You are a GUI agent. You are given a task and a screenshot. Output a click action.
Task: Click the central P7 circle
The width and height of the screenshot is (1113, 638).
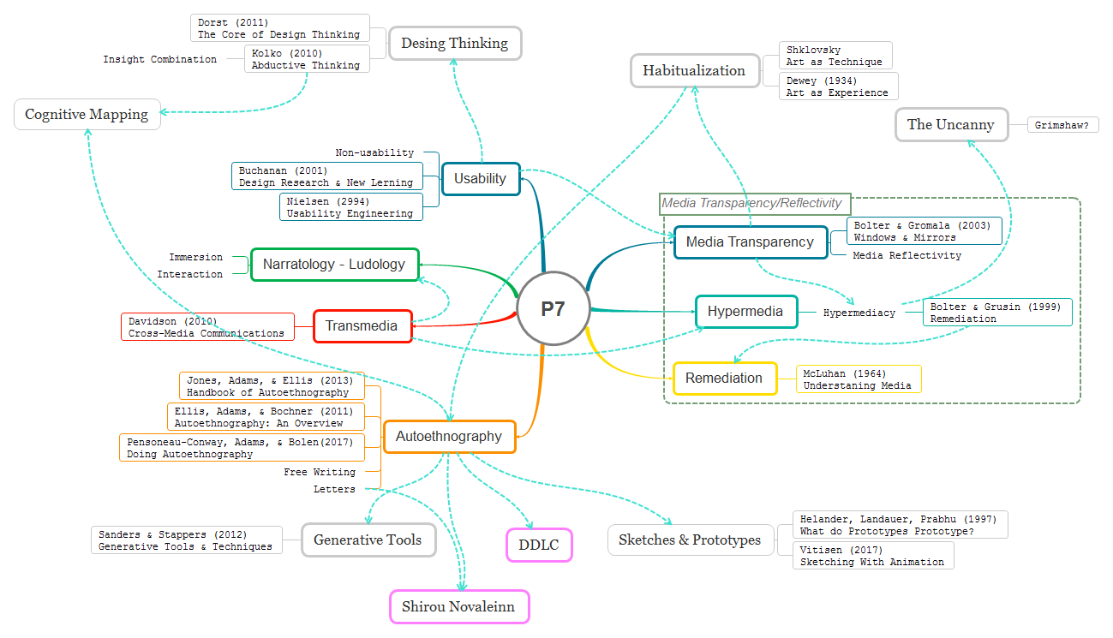(x=554, y=309)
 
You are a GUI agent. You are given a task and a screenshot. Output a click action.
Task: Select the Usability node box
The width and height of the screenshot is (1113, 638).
(x=481, y=179)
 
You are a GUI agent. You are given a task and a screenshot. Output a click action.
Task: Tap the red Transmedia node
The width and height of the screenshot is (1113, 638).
(x=362, y=326)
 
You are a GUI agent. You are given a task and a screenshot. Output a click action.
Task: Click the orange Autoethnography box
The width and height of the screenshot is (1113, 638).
(x=449, y=437)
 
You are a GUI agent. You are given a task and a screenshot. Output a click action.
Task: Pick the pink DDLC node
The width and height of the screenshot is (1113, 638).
(x=539, y=545)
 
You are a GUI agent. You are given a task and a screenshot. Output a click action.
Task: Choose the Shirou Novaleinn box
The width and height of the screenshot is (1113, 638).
(x=460, y=607)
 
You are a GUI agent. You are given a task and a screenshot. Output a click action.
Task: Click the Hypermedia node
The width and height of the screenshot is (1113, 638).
(x=745, y=312)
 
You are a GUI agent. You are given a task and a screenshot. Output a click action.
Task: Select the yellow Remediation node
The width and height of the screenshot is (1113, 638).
(x=724, y=379)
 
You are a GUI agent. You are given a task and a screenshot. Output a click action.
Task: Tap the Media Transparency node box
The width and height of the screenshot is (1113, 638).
(x=751, y=242)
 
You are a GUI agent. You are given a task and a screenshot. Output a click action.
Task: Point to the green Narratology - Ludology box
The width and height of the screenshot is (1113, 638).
(x=334, y=265)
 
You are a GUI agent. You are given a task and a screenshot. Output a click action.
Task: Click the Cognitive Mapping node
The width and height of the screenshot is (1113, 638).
(x=87, y=115)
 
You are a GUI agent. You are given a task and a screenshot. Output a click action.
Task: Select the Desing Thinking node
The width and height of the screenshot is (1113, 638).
(x=455, y=44)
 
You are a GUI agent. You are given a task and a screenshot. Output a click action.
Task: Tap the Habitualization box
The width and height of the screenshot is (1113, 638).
(x=695, y=71)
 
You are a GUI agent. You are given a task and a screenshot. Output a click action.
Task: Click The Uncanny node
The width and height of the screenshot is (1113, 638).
(x=951, y=125)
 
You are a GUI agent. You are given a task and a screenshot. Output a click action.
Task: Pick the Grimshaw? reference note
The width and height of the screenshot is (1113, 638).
(x=1062, y=126)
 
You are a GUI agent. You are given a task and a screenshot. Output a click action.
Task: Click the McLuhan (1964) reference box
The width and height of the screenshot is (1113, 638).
(x=859, y=379)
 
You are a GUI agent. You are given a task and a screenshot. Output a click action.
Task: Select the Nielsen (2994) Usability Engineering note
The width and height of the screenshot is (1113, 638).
(x=350, y=207)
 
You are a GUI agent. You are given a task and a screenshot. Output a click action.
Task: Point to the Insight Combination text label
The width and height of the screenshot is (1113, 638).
(x=160, y=60)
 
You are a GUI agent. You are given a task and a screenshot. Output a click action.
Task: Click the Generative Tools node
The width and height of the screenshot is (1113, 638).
(x=368, y=540)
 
